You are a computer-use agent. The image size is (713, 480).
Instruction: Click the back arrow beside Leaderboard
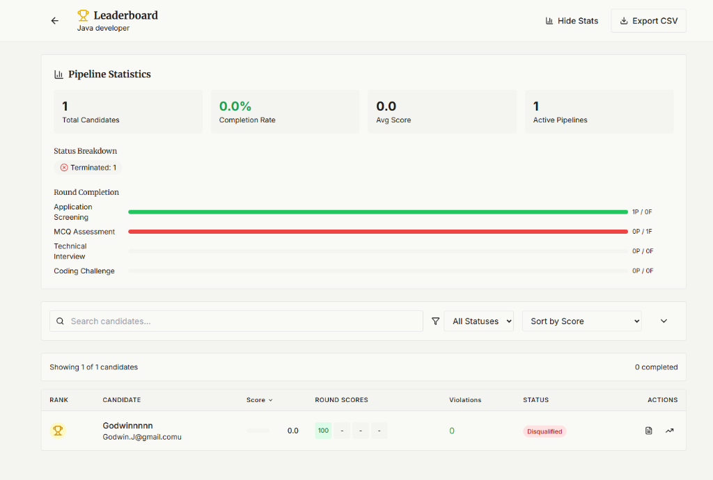[55, 21]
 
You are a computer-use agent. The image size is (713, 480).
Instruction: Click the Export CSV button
[648, 21]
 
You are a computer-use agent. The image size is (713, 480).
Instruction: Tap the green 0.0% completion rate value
[235, 106]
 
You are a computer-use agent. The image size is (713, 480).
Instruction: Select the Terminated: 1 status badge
[88, 168]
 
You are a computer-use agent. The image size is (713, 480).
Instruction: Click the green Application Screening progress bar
[377, 212]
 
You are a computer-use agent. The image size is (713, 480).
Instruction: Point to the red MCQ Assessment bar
[377, 232]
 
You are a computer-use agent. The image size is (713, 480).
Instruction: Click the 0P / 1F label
[642, 232]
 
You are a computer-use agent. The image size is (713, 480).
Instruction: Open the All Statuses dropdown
[479, 321]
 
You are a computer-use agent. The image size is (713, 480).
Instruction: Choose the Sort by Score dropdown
[581, 321]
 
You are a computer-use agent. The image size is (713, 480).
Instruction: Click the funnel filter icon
[436, 321]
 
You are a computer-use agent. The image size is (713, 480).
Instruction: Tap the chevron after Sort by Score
[664, 321]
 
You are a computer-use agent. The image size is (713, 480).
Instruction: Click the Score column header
[259, 400]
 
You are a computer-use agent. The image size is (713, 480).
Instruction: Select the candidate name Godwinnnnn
[127, 425]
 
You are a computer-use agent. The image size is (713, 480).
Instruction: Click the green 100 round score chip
[323, 431]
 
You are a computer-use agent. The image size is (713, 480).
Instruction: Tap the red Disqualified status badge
[544, 431]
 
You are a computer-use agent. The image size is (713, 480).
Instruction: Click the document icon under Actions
[649, 431]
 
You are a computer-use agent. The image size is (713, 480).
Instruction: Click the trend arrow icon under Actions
[669, 431]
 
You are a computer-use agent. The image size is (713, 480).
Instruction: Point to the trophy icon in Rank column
[58, 431]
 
